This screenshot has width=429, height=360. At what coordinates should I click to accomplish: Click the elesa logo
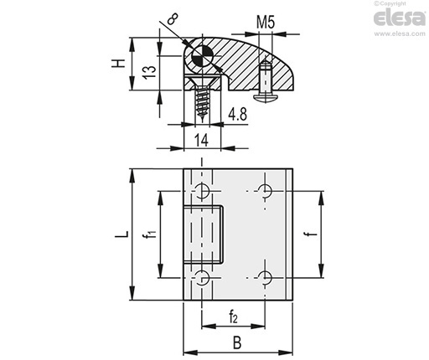coord(400,18)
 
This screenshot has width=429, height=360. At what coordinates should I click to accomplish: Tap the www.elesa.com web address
coord(400,33)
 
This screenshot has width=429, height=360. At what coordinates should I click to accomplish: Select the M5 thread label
coord(266,23)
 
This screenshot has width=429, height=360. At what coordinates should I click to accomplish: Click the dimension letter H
coord(118,64)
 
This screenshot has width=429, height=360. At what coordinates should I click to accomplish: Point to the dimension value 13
coord(150,72)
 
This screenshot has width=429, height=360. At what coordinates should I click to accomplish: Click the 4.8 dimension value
coord(238,114)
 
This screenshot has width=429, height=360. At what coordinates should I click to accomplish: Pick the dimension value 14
coord(202,140)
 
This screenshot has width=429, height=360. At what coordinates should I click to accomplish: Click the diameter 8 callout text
coord(173,19)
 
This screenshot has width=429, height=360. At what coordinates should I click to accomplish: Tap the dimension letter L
coord(122,234)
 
